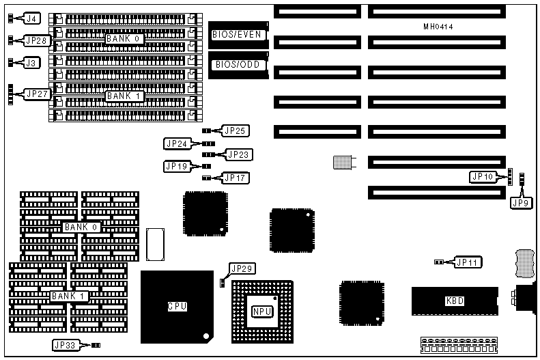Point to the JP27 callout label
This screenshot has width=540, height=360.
(x=37, y=94)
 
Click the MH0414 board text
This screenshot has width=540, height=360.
(x=438, y=27)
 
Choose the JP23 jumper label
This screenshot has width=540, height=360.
(x=238, y=154)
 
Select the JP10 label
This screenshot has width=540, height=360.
(x=483, y=177)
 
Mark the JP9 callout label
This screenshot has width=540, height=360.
(x=520, y=202)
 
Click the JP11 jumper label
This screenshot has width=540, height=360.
(x=468, y=262)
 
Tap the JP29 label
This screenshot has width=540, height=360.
(x=242, y=268)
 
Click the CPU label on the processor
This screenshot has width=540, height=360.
(x=177, y=307)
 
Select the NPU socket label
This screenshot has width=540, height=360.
(x=261, y=311)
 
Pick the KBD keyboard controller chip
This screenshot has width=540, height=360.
(x=455, y=301)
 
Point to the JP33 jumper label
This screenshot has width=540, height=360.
(x=66, y=345)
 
